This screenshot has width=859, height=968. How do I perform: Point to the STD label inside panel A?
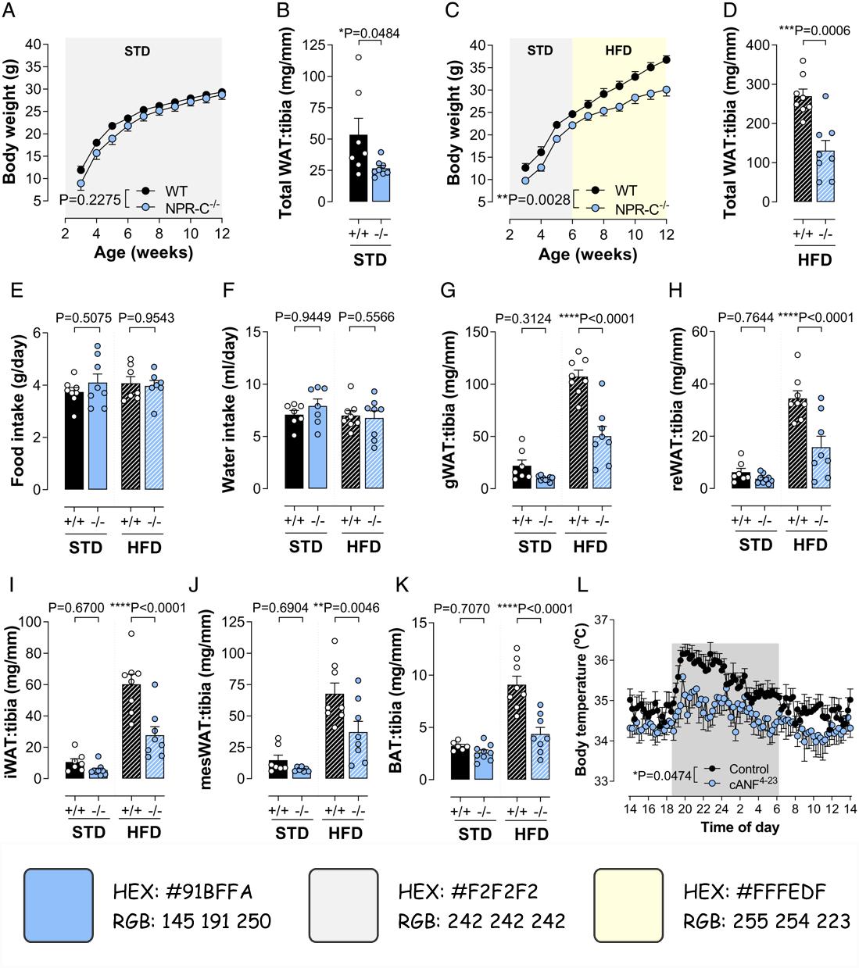tap(137, 52)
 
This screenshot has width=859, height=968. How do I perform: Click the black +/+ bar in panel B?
tap(358, 168)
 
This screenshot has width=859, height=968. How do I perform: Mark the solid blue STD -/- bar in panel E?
tap(97, 436)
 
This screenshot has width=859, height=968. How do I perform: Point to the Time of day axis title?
tap(739, 827)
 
